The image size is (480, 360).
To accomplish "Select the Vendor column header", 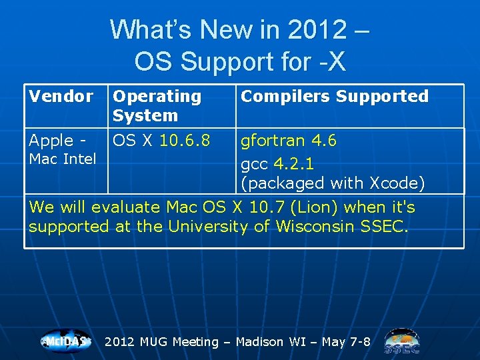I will pyautogui.click(x=61, y=97).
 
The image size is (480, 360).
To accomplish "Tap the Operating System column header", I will pyautogui.click(x=157, y=106).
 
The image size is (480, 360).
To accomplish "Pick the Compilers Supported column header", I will pyautogui.click(x=334, y=97).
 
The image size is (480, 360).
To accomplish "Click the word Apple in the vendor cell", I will pyautogui.click(x=51, y=141).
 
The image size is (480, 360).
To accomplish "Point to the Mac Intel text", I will pyautogui.click(x=62, y=159).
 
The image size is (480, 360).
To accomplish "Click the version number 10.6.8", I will pyautogui.click(x=185, y=141).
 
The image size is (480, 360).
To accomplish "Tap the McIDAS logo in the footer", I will pyautogui.click(x=65, y=341).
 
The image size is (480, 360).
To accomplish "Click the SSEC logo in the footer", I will pyautogui.click(x=402, y=341).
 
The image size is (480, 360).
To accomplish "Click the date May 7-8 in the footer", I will pyautogui.click(x=346, y=342).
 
